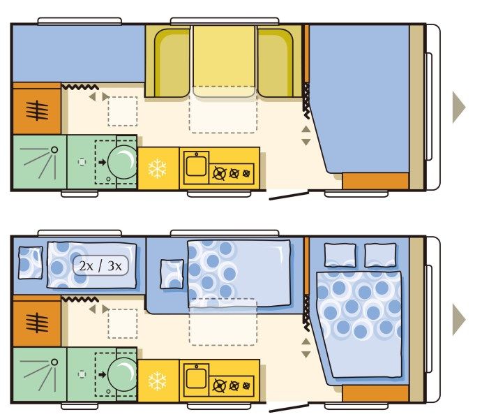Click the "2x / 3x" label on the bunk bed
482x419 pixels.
click(100, 265)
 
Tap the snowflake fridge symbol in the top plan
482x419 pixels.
click(157, 168)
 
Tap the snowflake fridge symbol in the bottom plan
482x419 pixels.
click(157, 381)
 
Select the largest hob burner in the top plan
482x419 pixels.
click(219, 173)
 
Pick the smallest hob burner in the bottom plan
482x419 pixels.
click(246, 385)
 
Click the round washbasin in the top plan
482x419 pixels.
click(122, 162)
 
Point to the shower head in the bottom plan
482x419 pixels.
click(54, 362)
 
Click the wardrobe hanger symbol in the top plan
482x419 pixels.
click(37, 110)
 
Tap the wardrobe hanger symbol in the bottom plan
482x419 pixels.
click(37, 323)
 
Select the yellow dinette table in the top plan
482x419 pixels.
click(224, 61)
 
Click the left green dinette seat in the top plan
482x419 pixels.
click(172, 63)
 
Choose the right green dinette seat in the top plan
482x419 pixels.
click(276, 63)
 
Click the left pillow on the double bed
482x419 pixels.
click(340, 256)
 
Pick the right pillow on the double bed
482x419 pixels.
click(380, 256)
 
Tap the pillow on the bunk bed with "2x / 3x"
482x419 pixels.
click(31, 263)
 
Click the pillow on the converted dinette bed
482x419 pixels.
click(172, 274)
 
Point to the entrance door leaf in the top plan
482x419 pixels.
click(289, 196)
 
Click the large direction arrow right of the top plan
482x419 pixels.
click(459, 107)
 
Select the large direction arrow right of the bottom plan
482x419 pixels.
click(459, 319)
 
